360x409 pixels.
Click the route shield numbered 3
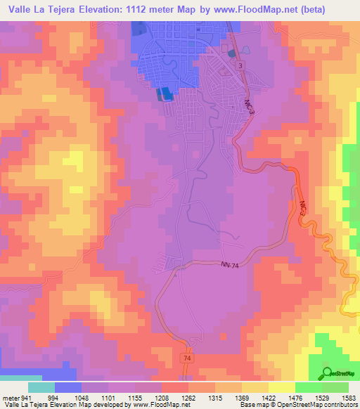coord(242,65)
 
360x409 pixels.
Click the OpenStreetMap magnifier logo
coord(328,373)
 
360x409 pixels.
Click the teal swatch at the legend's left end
coord(41,387)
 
